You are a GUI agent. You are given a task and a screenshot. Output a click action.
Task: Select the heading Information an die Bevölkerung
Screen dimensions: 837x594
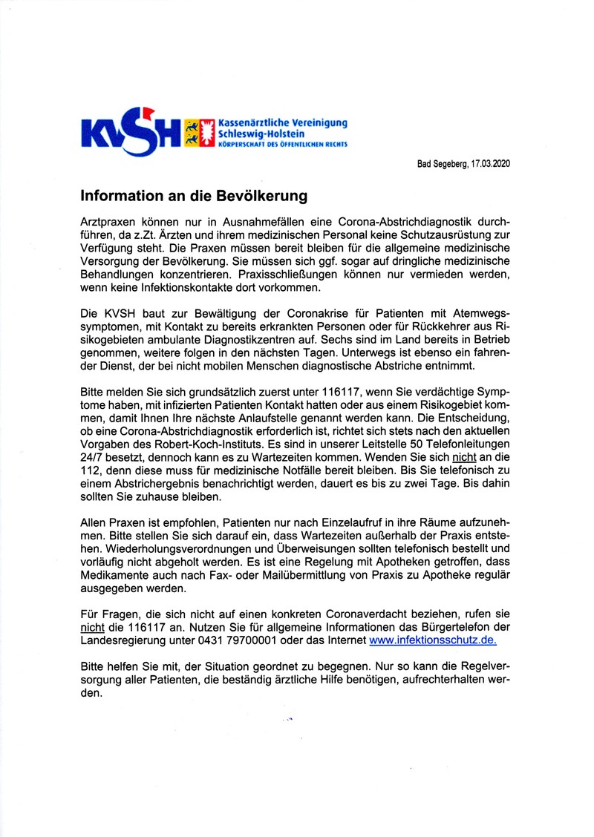194,197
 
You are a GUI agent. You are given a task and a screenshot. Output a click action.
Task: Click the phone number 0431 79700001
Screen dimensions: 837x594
229,640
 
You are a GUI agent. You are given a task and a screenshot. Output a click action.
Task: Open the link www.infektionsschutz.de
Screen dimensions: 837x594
433,640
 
